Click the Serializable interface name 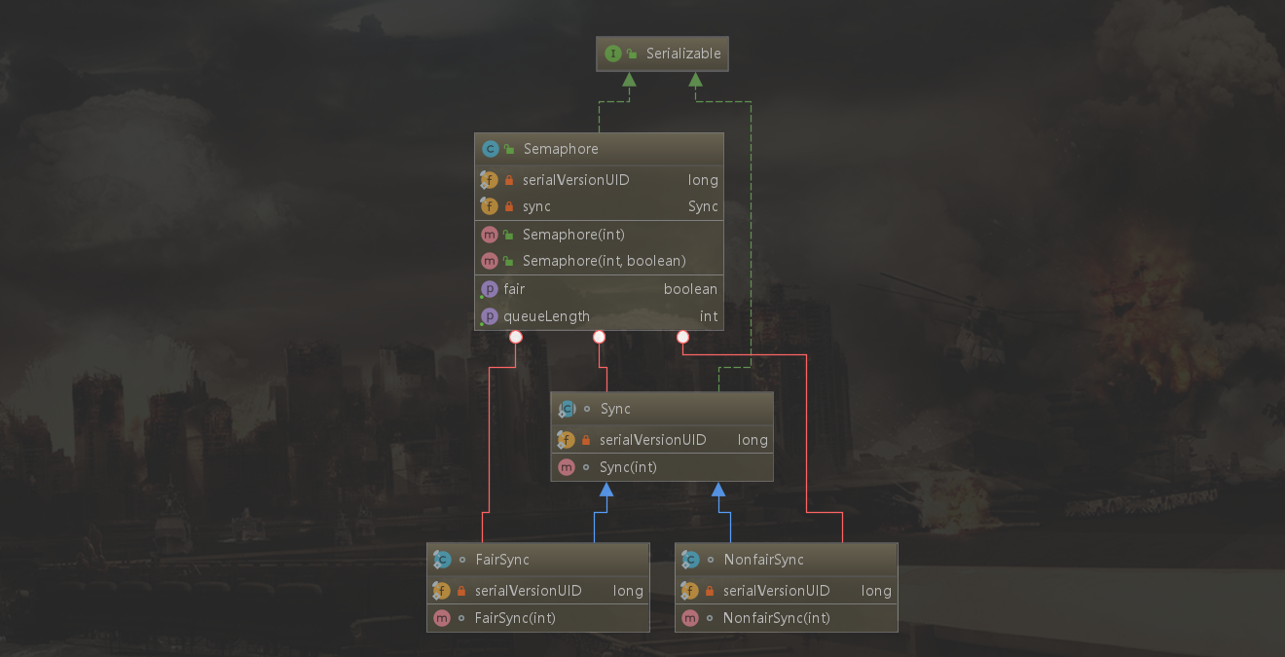coord(683,54)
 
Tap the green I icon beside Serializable coord(612,54)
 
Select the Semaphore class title coord(561,149)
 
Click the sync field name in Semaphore coord(536,206)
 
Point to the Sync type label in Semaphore coord(703,206)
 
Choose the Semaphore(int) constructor coord(573,235)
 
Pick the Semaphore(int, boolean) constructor coord(604,261)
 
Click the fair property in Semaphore coord(514,289)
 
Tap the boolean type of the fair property coord(690,289)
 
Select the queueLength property coord(546,316)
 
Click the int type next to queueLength coord(709,316)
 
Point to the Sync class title coord(615,409)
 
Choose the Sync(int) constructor coord(628,467)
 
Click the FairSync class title coord(502,560)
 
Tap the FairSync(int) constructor coord(515,618)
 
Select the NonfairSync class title coord(764,560)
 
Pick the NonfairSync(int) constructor coord(777,618)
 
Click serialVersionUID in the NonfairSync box coord(777,591)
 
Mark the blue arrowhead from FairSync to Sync coord(606,490)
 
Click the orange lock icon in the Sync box coord(585,440)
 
